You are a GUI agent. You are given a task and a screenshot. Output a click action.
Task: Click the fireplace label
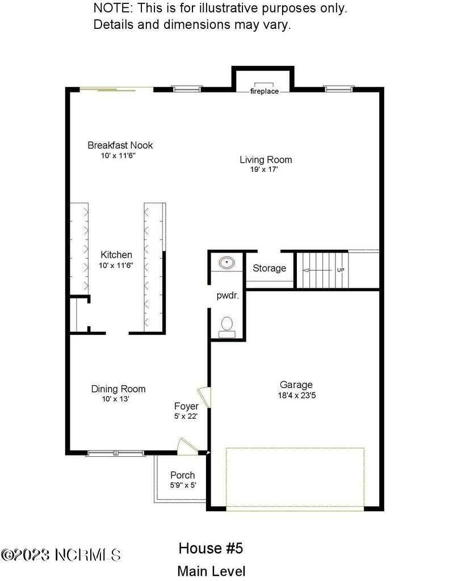coord(265,91)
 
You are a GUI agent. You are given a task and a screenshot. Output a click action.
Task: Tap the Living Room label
coord(266,159)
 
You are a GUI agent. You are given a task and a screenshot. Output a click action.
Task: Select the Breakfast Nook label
coord(120,145)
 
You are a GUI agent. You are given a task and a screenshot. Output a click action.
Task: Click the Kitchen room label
coord(116,255)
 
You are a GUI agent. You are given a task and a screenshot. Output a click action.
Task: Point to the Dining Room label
coord(118,389)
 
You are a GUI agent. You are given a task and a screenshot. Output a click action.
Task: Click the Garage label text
coord(296,385)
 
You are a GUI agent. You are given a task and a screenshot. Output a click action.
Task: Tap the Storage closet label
coord(269,268)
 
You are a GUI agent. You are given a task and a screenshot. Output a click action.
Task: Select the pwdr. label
coord(226,296)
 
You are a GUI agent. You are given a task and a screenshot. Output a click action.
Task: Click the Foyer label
coord(186,406)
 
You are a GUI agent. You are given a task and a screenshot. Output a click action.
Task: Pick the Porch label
coord(182,475)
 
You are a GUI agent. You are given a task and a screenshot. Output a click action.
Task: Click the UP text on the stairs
coord(341,270)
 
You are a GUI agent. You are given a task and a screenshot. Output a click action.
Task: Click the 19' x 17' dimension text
coord(266,169)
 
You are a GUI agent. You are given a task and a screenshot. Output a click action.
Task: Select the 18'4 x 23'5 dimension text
coord(296,395)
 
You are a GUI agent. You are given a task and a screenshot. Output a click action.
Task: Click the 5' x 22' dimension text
coord(186,416)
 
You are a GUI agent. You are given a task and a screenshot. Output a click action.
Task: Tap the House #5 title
coord(211,549)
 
